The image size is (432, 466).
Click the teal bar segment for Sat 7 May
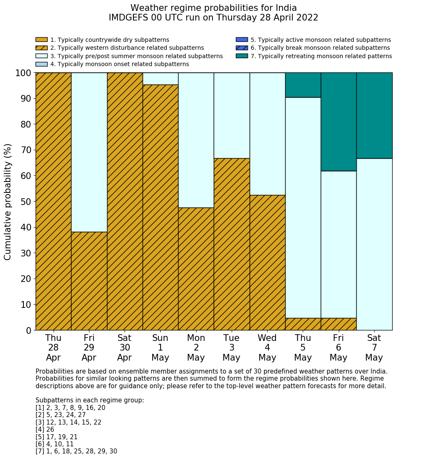pyautogui.click(x=374, y=115)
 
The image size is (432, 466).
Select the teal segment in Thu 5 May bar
pyautogui.click(x=303, y=85)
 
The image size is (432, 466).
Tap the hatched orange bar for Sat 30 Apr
pyautogui.click(x=125, y=201)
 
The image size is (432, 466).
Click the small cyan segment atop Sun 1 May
pyautogui.click(x=160, y=79)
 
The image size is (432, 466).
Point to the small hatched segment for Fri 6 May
pyautogui.click(x=338, y=324)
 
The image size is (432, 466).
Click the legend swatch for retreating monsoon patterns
pyautogui.click(x=242, y=56)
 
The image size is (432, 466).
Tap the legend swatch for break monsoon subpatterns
pyautogui.click(x=242, y=48)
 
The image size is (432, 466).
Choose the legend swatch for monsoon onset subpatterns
pyautogui.click(x=41, y=64)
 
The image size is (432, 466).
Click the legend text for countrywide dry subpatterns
pyautogui.click(x=110, y=40)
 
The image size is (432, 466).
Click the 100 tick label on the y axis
pyautogui.click(x=23, y=73)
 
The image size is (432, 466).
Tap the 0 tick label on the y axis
pyautogui.click(x=28, y=330)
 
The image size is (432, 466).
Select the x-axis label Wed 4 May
pyautogui.click(x=267, y=348)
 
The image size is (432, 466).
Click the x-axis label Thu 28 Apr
pyautogui.click(x=53, y=348)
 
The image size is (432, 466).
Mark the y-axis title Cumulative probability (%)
pyautogui.click(x=8, y=202)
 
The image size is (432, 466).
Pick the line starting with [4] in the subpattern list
pyautogui.click(x=45, y=430)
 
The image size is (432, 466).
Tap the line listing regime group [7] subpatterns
pyautogui.click(x=76, y=451)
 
